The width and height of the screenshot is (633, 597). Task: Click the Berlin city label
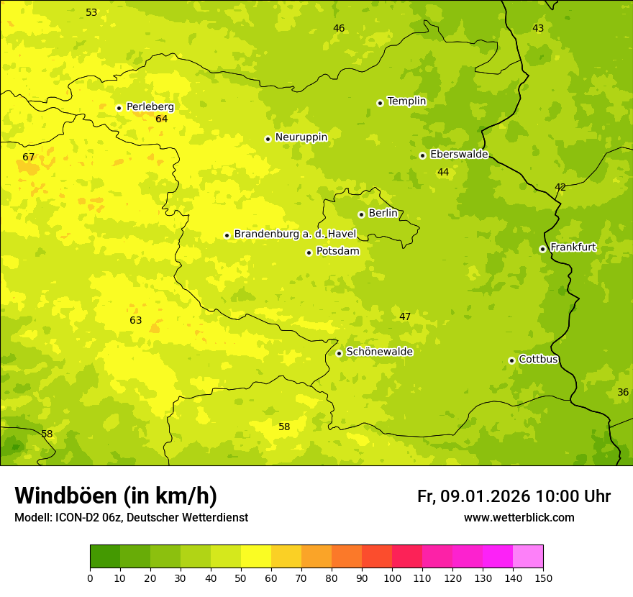(383, 213)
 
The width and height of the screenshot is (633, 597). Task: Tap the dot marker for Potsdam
(309, 252)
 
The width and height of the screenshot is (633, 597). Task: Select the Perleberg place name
(150, 106)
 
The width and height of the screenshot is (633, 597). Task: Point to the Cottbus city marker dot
(511, 360)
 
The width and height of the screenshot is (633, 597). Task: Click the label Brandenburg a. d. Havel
(295, 234)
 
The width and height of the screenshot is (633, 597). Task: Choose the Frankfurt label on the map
(573, 247)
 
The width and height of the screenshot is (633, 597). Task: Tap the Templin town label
(406, 101)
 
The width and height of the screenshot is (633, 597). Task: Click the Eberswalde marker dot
(422, 155)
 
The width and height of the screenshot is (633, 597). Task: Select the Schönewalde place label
(379, 352)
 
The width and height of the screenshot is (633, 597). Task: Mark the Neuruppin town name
(301, 137)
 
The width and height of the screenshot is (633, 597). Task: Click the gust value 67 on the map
(29, 157)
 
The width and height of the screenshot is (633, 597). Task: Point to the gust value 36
(623, 392)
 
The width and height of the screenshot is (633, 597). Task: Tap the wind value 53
(91, 12)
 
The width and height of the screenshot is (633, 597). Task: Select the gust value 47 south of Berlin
(405, 316)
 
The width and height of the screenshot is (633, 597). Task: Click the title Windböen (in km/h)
(116, 496)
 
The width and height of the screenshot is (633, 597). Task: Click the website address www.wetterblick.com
(519, 518)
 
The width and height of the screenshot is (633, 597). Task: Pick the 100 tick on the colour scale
(392, 578)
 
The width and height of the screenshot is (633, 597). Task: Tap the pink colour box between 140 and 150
(528, 557)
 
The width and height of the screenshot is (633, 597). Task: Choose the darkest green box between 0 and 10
(105, 557)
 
